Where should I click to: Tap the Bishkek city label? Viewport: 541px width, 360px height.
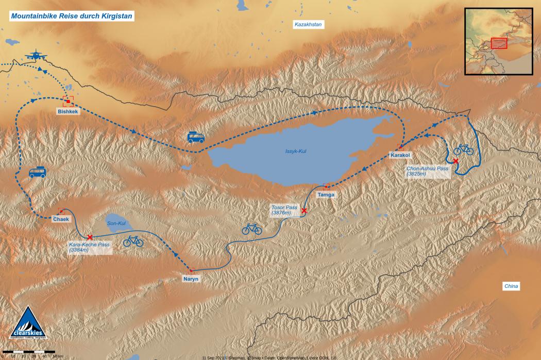67,111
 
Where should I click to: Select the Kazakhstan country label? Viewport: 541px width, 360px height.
307,24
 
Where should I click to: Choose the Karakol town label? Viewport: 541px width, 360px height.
400,155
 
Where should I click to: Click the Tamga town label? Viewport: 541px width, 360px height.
326,194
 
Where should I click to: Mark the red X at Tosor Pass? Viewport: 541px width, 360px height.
304,211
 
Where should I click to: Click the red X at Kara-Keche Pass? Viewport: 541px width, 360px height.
90,237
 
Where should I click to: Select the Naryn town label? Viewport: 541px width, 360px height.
190,279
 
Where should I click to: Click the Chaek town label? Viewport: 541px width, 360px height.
61,219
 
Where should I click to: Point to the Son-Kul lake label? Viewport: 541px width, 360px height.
116,224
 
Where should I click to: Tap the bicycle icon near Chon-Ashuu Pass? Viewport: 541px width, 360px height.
463,149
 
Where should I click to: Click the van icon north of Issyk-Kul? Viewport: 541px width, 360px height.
196,137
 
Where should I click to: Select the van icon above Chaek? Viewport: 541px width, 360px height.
38,173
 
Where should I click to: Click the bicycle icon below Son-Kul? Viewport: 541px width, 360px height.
133,241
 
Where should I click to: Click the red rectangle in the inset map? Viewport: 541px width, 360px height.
499,43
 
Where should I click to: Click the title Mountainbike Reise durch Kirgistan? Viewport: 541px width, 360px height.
72,16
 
